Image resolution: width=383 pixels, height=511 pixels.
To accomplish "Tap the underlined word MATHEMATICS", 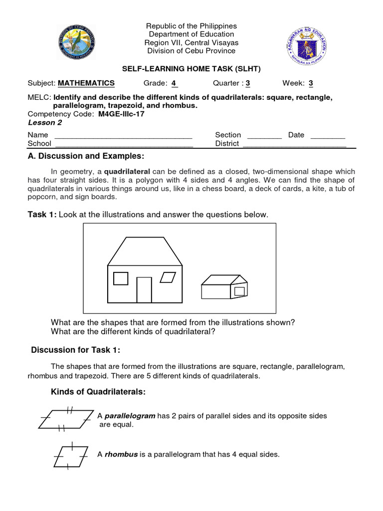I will (86, 83).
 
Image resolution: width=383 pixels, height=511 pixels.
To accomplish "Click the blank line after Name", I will (123, 135).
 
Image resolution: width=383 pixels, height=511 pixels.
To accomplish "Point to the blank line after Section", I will (264, 135).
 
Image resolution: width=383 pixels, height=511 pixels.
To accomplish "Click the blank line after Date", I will (328, 135).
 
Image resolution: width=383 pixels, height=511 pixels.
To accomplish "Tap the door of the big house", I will (144, 290).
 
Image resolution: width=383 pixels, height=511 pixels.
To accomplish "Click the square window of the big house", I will (121, 278).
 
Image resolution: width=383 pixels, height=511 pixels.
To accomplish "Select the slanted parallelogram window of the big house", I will (170, 278).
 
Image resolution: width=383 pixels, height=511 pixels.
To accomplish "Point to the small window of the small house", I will (239, 291).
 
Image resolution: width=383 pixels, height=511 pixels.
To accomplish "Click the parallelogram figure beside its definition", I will (66, 419).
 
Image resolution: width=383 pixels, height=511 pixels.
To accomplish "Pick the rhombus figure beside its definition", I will (70, 455).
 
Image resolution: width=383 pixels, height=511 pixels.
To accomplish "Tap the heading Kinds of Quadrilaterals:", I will (98, 392).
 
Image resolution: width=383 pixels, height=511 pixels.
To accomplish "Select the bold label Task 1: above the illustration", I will (42, 215).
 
